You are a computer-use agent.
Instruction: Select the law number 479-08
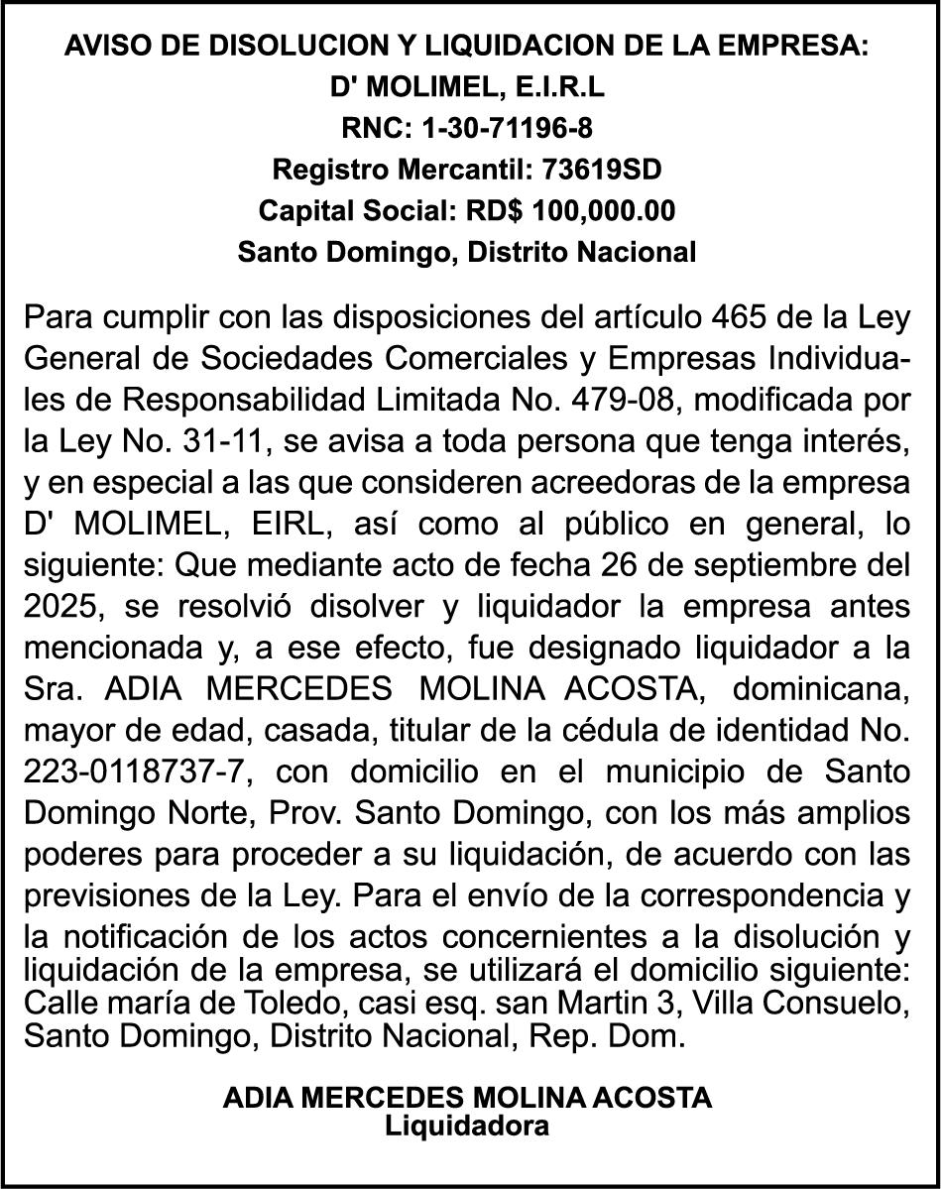[x=622, y=402]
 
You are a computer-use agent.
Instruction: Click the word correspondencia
[x=759, y=894]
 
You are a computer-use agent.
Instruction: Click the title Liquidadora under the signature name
[x=467, y=1126]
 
